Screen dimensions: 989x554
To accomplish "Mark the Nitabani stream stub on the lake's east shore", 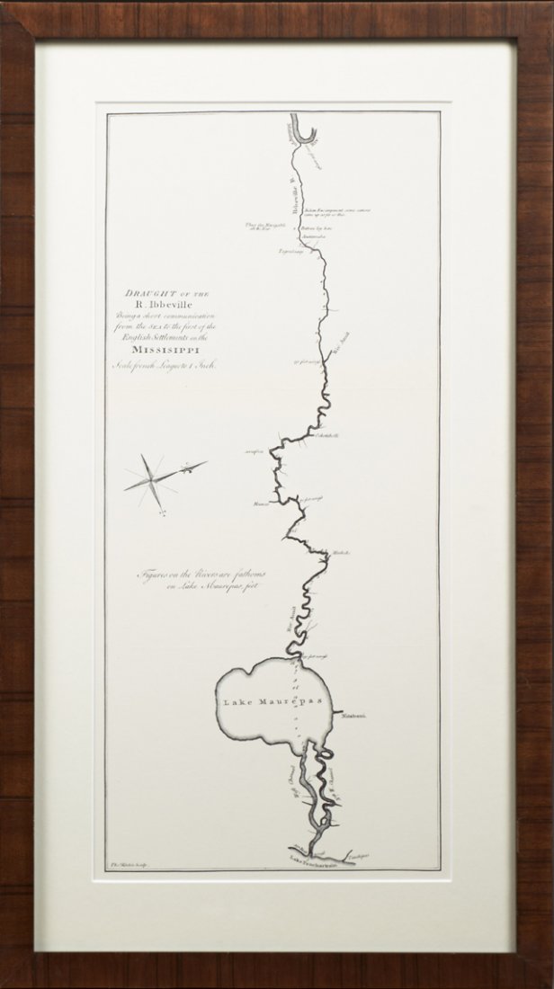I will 339,714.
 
